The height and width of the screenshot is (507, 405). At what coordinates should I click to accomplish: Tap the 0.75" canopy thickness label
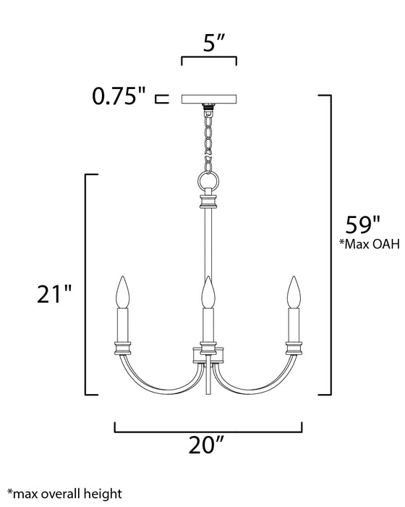coord(121,96)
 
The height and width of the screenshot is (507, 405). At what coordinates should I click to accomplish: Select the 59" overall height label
coord(362,223)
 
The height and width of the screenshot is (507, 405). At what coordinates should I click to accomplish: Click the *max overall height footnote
coord(64,494)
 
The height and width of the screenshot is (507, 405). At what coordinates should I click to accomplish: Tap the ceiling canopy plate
coord(209,97)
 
